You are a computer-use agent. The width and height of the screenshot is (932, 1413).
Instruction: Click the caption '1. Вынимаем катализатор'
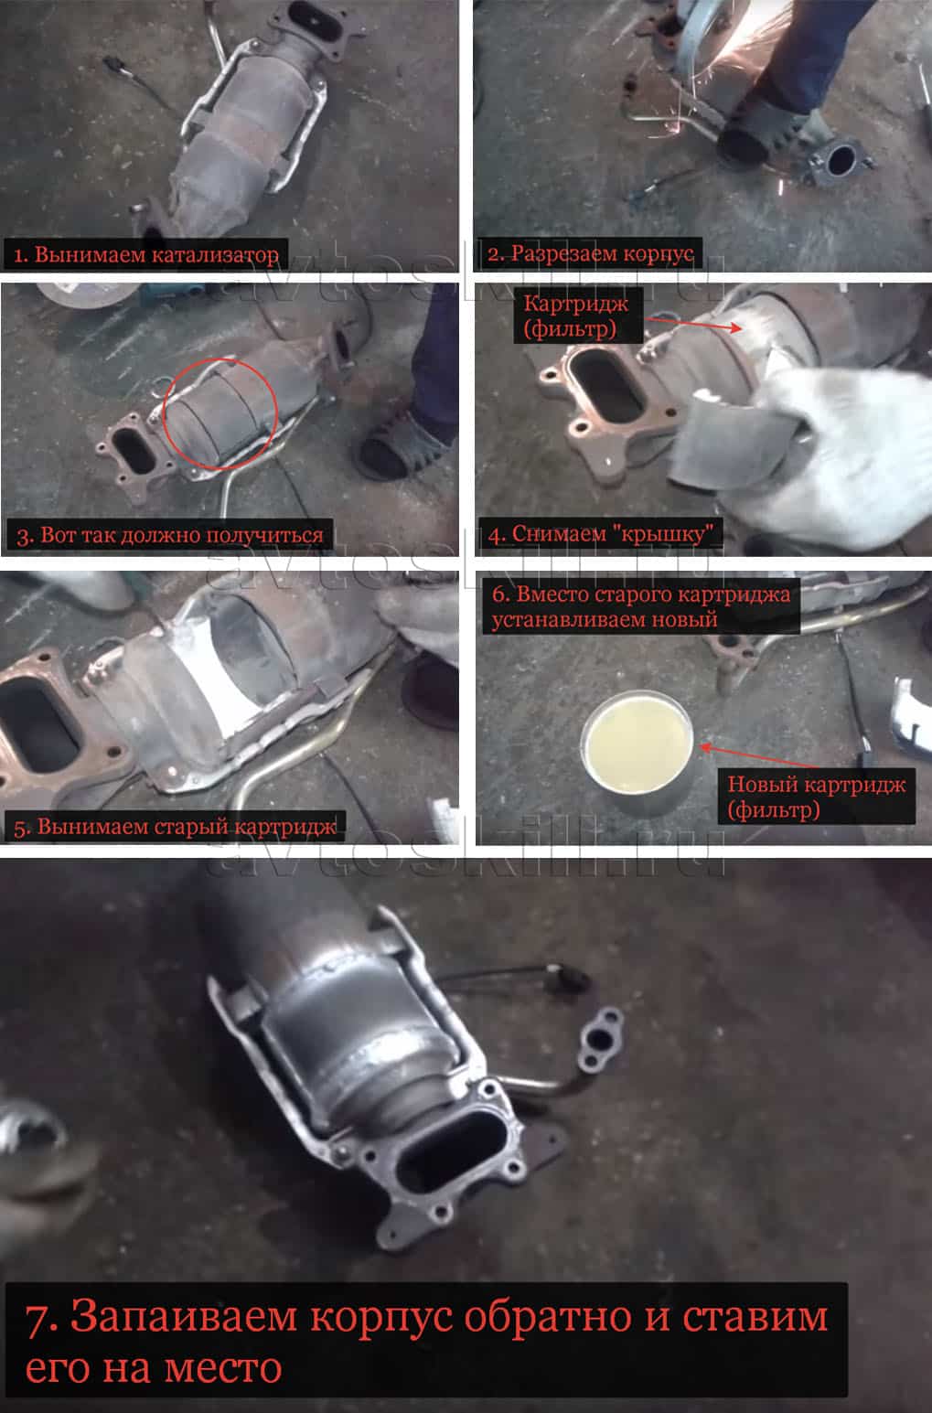pyautogui.click(x=145, y=255)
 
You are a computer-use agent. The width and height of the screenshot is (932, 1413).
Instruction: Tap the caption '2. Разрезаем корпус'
pyautogui.click(x=590, y=253)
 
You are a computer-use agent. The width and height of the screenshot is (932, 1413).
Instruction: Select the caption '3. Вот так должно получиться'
pyautogui.click(x=169, y=535)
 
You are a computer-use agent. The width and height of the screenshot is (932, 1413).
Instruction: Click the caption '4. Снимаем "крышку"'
pyautogui.click(x=601, y=534)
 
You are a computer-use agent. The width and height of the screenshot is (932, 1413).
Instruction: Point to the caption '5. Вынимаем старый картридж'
pyautogui.click(x=175, y=827)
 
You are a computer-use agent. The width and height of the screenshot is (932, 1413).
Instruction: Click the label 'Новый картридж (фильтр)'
pyautogui.click(x=817, y=797)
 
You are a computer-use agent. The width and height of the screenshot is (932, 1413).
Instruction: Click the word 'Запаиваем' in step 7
pyautogui.click(x=183, y=1316)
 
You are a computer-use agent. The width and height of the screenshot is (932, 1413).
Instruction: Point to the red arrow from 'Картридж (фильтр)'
pyautogui.click(x=693, y=324)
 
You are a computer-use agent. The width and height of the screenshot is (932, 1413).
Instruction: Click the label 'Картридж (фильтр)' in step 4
pyautogui.click(x=575, y=316)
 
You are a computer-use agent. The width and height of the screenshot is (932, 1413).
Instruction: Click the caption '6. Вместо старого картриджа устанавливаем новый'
pyautogui.click(x=640, y=606)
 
